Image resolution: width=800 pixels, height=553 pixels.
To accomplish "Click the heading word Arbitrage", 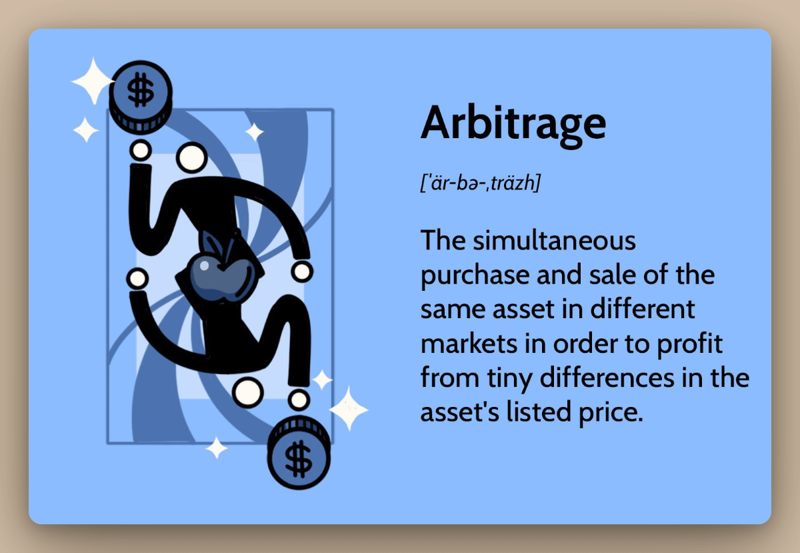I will pyautogui.click(x=513, y=124).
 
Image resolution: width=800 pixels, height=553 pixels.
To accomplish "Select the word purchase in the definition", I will pyautogui.click(x=467, y=275).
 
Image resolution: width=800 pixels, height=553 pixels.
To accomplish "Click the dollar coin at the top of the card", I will pyautogui.click(x=141, y=93).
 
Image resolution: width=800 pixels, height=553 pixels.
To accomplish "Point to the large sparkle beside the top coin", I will pyautogui.click(x=93, y=81).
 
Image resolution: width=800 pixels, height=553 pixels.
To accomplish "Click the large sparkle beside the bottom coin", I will pyautogui.click(x=348, y=408).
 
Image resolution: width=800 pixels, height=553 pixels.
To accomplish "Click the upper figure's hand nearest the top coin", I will pyautogui.click(x=140, y=151).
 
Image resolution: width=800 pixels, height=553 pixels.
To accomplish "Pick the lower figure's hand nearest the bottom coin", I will pyautogui.click(x=299, y=399).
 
